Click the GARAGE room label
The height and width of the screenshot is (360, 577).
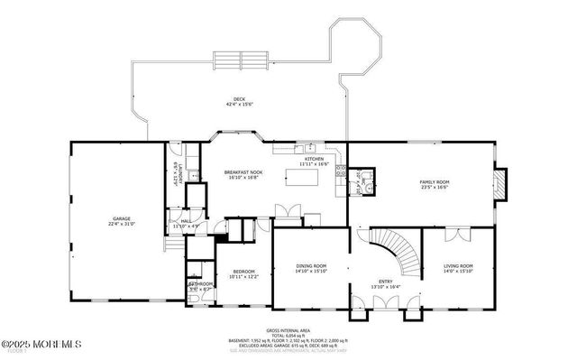click(123, 219)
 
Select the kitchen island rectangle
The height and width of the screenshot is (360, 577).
click(305, 177)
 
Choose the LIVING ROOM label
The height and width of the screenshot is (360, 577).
click(458, 267)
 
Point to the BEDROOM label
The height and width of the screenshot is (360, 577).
click(244, 272)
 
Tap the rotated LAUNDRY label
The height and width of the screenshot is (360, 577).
click(181, 171)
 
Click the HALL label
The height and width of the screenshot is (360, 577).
click(186, 220)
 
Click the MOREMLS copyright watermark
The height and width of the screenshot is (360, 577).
click(41, 344)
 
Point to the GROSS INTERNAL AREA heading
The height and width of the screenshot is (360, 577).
click(288, 331)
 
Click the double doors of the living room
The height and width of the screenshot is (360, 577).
click(458, 235)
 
